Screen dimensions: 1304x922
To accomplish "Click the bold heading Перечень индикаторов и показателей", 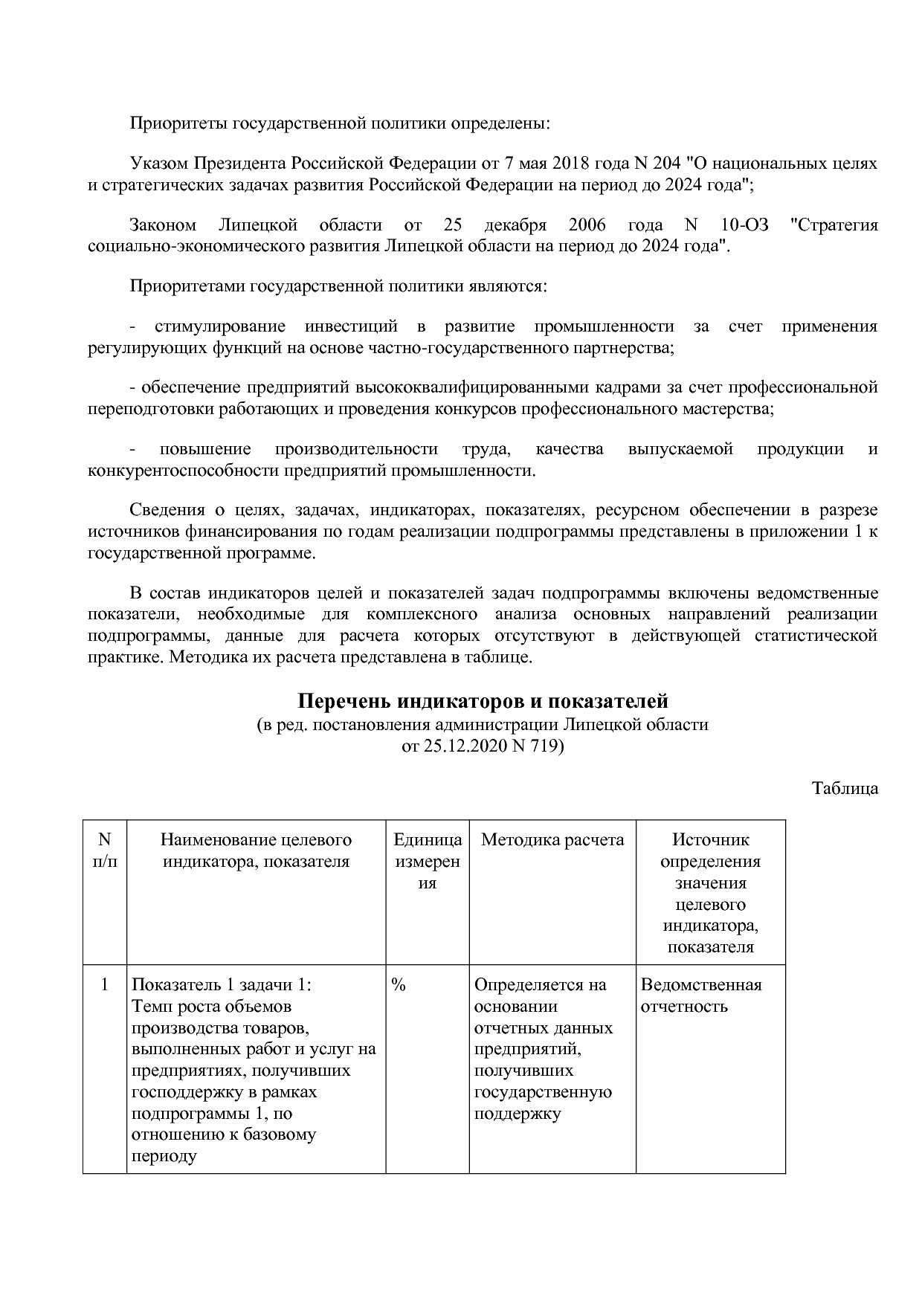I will coord(483,701).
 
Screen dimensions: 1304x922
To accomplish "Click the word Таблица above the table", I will coord(845,788).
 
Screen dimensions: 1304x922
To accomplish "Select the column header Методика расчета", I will coord(552,840).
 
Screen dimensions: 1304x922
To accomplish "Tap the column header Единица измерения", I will coord(427,861).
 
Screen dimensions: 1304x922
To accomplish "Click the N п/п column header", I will coord(104,850).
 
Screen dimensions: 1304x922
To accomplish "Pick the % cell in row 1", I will coord(399,985).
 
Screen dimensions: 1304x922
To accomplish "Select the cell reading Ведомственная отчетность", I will coord(700,995).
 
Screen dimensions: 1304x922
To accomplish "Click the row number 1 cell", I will coord(104,985).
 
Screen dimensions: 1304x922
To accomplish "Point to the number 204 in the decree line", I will coord(665,164).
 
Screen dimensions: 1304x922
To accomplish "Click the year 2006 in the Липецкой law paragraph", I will coord(587,225).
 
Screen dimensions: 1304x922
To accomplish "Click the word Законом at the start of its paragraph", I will coord(163,225).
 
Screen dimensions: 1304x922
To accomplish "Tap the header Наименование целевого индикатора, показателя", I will coord(256,850).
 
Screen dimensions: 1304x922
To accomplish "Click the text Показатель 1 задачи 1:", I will coord(222,985).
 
